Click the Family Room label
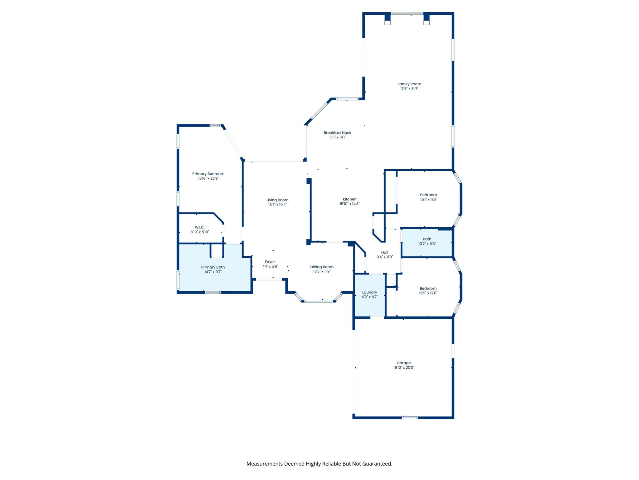click(409, 84)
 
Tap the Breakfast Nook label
click(337, 133)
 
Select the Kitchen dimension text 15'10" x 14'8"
click(349, 204)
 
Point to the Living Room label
click(277, 200)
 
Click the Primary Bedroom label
click(208, 174)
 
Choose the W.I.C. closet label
click(199, 227)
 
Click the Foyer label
click(270, 262)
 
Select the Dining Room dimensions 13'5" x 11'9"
click(322, 271)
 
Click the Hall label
click(384, 252)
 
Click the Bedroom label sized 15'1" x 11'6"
click(428, 195)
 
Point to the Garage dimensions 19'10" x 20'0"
click(403, 367)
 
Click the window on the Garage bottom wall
click(410, 417)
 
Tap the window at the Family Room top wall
click(407, 13)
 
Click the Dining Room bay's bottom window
click(319, 301)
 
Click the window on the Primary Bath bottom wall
click(212, 292)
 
